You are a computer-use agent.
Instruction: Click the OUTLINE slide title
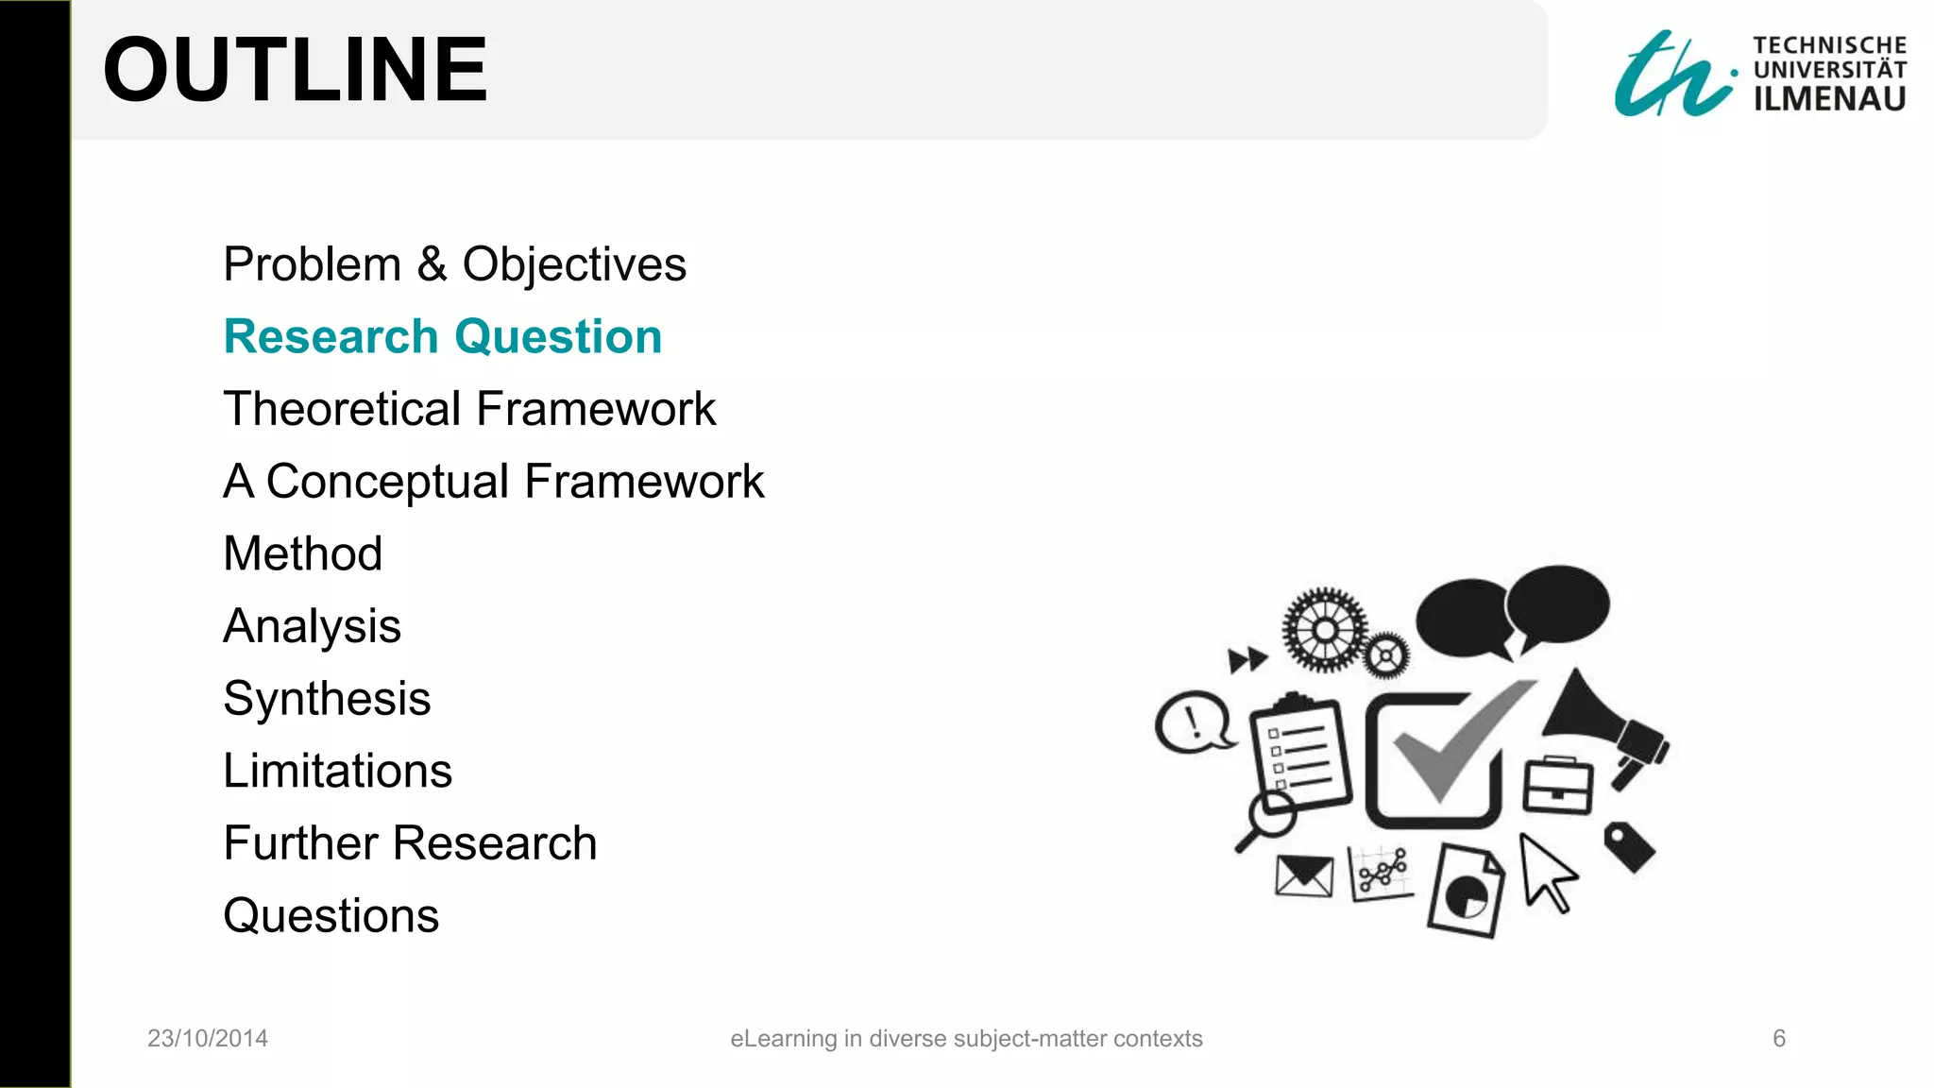(x=295, y=70)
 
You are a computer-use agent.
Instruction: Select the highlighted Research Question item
(x=442, y=337)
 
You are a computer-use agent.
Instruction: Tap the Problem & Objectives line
(x=454, y=264)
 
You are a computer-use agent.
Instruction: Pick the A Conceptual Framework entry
(x=493, y=482)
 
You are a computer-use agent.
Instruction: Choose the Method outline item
(x=302, y=554)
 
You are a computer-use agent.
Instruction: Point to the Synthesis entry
(x=327, y=699)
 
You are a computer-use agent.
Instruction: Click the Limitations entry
(x=337, y=772)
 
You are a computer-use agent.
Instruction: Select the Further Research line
(x=410, y=843)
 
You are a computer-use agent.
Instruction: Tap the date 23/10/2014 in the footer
(x=208, y=1039)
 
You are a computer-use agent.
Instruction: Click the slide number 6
(x=1779, y=1039)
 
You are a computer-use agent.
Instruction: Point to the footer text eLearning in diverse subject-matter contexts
(x=966, y=1039)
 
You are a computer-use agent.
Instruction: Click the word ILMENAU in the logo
(x=1829, y=99)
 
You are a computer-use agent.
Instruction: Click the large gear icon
(x=1325, y=630)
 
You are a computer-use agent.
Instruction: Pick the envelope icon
(x=1304, y=876)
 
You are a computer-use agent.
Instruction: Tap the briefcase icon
(x=1557, y=786)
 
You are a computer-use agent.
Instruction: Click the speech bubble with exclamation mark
(x=1194, y=722)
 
